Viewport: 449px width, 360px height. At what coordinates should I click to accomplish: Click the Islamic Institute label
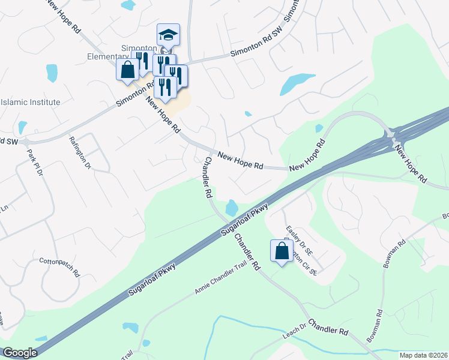coord(30,102)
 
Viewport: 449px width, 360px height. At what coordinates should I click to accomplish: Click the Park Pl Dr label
coord(35,163)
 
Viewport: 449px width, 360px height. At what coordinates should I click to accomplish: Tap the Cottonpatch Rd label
coord(59,266)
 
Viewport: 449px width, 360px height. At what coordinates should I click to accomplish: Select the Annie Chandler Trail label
coord(221,281)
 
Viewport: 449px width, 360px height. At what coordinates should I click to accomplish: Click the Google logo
coord(20,353)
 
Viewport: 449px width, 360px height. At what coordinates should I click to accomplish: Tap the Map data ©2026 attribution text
coord(423,355)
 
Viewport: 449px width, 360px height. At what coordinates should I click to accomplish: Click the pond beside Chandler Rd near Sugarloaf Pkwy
coord(232,208)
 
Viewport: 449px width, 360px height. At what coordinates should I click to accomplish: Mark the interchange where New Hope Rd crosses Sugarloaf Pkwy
coord(393,136)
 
